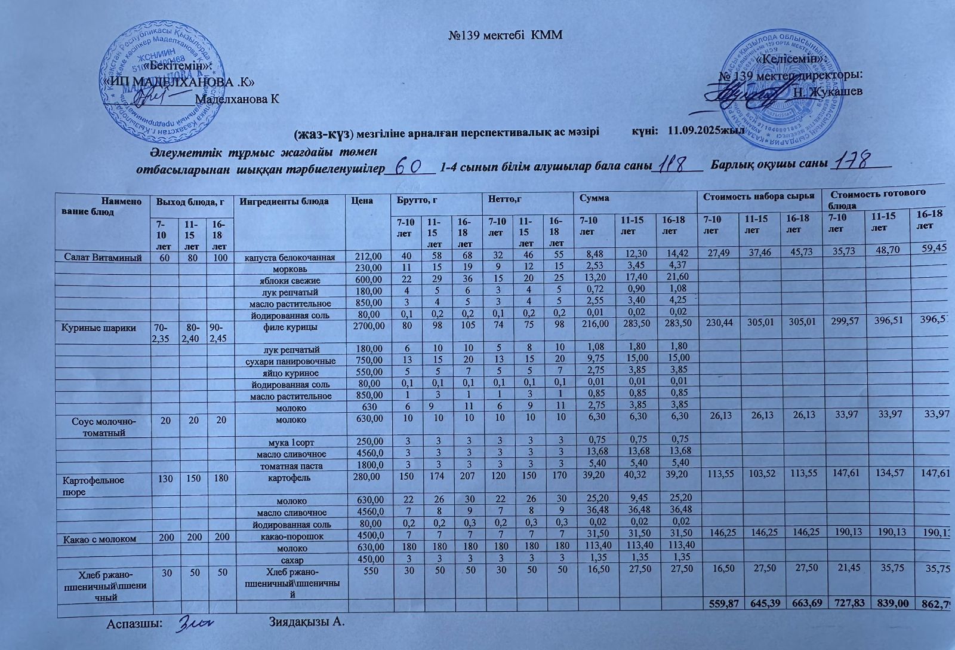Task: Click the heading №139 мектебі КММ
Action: coord(506,35)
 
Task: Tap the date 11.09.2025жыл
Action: coord(704,130)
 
